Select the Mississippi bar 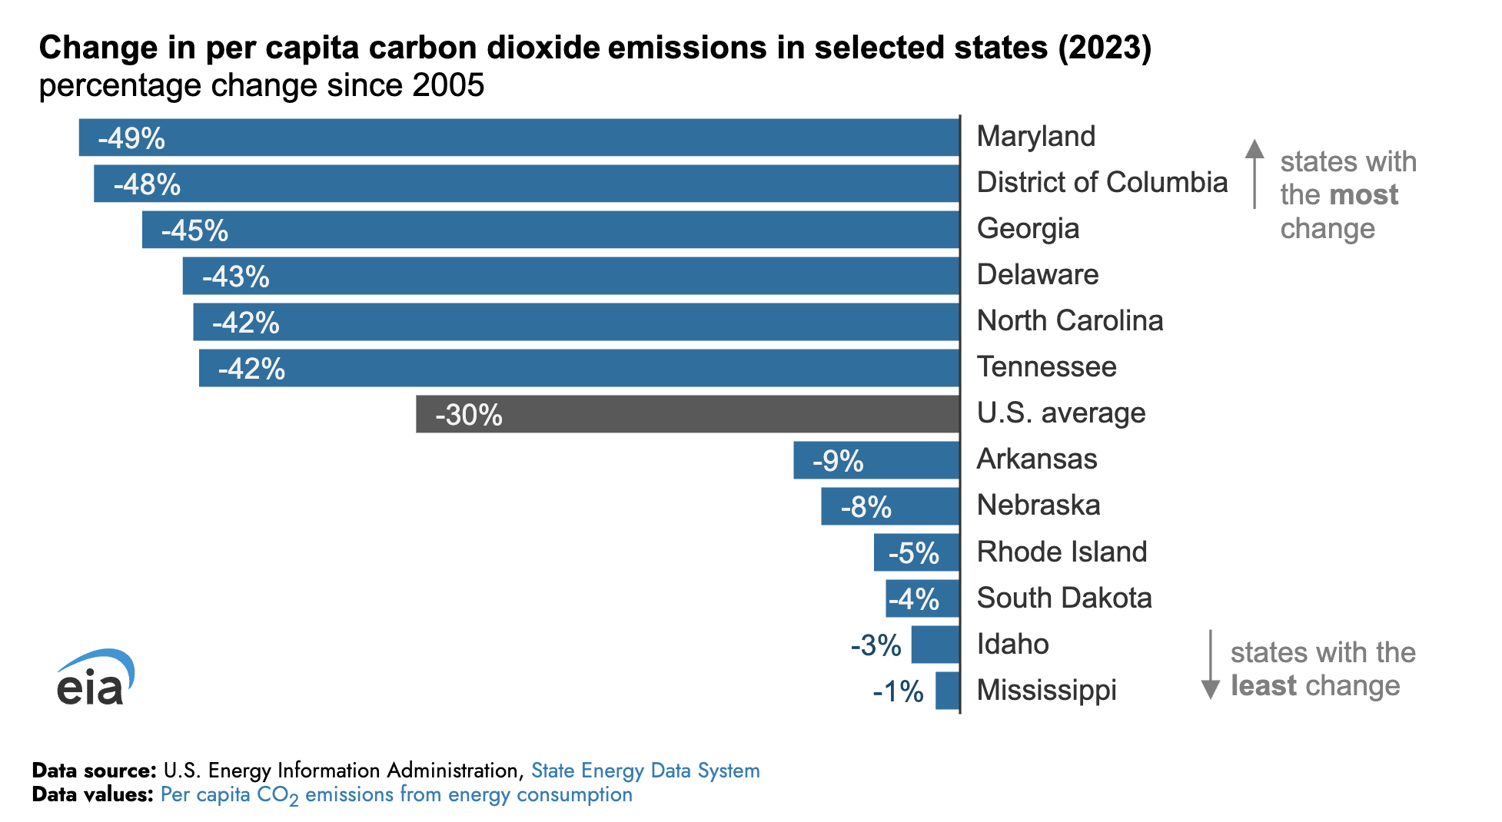[948, 691]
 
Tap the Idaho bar [935, 645]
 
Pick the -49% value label [131, 138]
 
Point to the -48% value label [147, 184]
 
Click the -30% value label [469, 415]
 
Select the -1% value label [898, 691]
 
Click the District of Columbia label [1102, 183]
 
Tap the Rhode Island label [1062, 552]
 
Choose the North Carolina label [1069, 321]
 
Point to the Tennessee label [1046, 367]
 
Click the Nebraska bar [890, 506]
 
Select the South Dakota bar [922, 598]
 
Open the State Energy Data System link [645, 771]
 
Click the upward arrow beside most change [1254, 173]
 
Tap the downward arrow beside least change [1211, 665]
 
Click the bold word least [1263, 685]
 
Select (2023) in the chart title [1105, 48]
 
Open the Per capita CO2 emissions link [396, 795]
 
